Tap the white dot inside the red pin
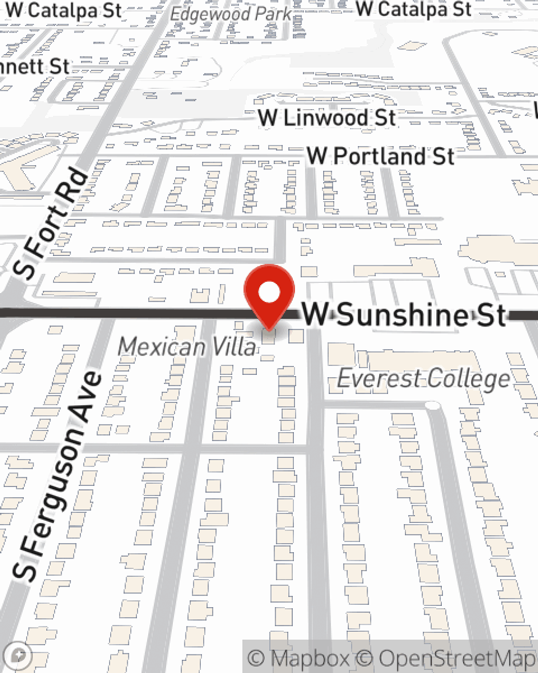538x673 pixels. [x=269, y=293]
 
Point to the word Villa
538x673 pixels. [x=234, y=347]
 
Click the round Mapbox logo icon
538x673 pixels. [x=18, y=656]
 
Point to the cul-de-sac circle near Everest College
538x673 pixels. [x=431, y=405]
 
